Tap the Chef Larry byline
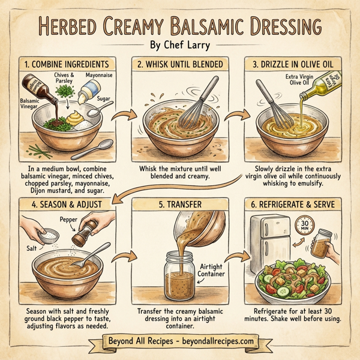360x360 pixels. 179,46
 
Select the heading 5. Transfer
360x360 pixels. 180,205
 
